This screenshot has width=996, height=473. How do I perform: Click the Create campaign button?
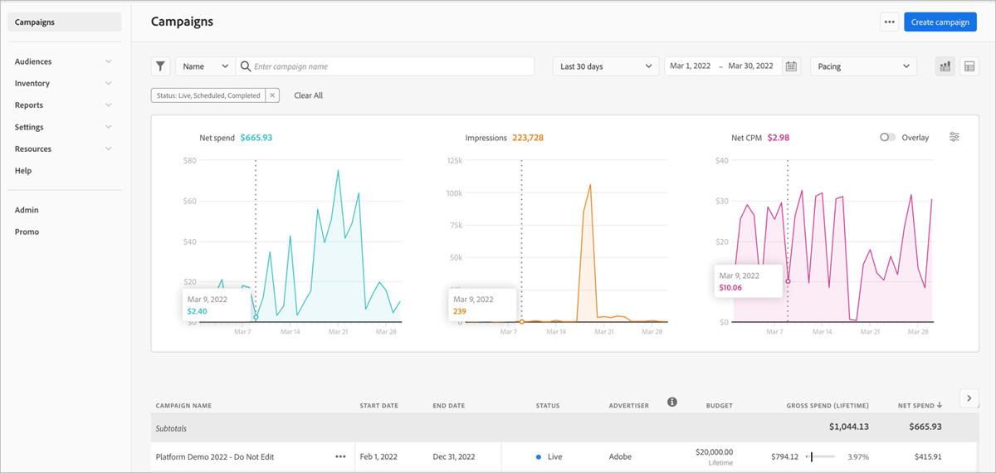[940, 22]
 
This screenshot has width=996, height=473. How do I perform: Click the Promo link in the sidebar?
[27, 232]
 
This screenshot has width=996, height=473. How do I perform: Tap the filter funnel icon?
[161, 66]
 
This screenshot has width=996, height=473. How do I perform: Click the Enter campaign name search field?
[390, 66]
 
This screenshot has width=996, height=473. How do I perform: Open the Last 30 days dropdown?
[605, 66]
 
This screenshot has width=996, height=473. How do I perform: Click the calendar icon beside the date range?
[791, 66]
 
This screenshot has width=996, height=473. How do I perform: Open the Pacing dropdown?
[863, 66]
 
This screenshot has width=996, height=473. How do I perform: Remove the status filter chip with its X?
[272, 95]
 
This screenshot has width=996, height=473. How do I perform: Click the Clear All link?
[308, 95]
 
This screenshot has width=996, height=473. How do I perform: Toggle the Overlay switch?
[887, 138]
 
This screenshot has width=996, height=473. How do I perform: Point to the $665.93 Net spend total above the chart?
[256, 138]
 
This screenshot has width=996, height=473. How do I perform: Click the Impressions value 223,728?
[528, 138]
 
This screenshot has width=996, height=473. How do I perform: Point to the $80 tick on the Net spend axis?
[189, 160]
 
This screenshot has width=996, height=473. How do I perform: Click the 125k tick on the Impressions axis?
[454, 160]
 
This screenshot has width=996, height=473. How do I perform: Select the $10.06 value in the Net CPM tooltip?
[730, 288]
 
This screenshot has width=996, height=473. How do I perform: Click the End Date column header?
[448, 406]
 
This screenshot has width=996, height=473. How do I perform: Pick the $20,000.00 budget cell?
[714, 452]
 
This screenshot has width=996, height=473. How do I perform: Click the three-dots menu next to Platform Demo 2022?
[340, 456]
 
